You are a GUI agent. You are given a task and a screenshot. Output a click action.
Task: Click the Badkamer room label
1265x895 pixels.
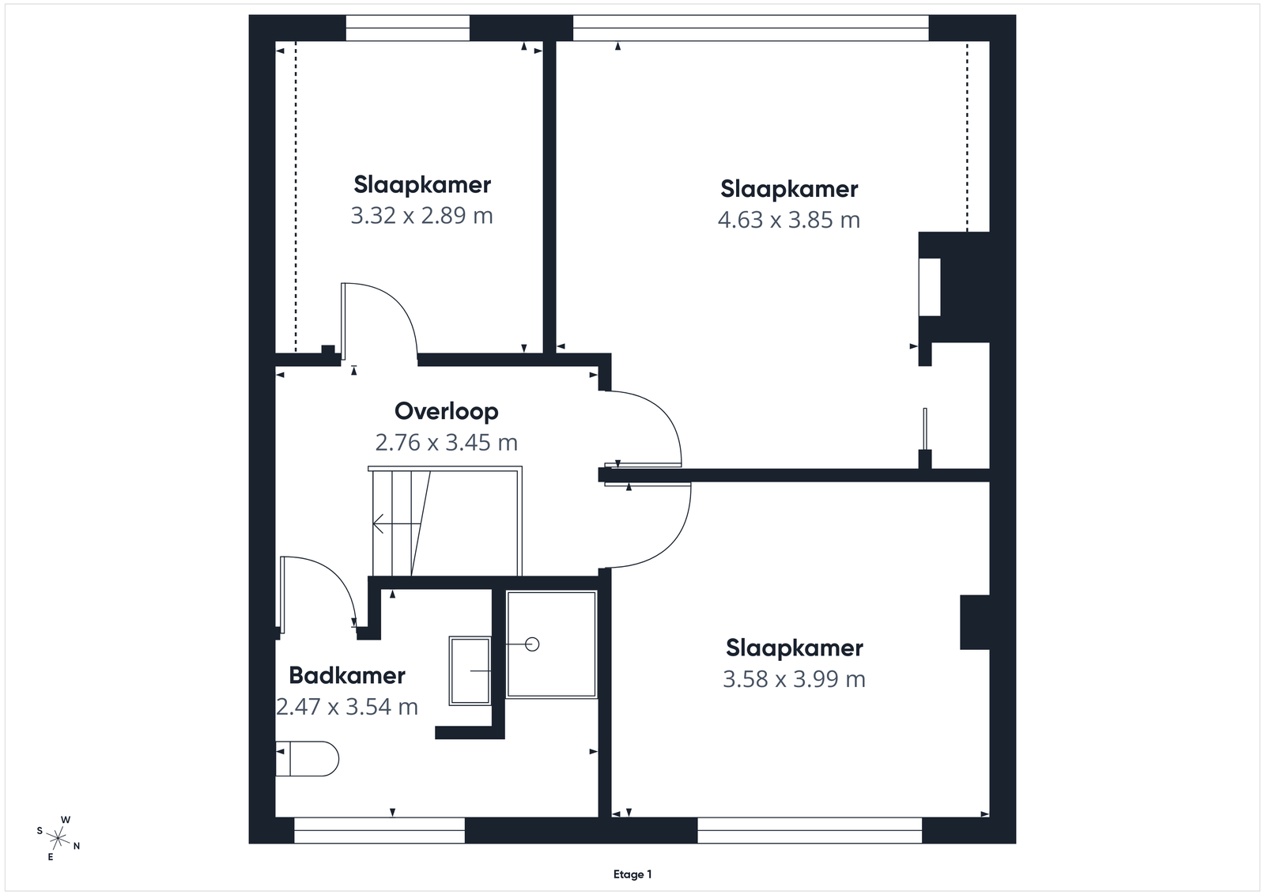(x=347, y=675)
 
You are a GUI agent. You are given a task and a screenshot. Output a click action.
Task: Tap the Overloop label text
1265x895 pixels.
(x=446, y=412)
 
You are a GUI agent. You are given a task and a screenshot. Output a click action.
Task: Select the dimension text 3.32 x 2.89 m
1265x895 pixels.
(x=422, y=216)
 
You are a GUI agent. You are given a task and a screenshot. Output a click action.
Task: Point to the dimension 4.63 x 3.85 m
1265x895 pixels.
(x=789, y=220)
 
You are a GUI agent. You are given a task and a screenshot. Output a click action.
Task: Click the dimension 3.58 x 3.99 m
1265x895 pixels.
(x=794, y=678)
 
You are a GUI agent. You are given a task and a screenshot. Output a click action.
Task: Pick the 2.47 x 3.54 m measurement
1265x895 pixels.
(x=347, y=706)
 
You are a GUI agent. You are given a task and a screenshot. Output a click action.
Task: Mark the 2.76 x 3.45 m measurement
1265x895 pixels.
(x=446, y=442)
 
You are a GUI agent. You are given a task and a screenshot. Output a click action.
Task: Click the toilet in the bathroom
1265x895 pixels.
(x=308, y=759)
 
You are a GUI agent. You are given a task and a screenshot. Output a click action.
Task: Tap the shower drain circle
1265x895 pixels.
(x=532, y=644)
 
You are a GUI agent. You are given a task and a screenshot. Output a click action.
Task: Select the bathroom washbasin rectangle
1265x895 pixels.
(x=470, y=670)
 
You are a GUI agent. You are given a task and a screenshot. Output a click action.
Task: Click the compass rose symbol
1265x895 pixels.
(x=59, y=839)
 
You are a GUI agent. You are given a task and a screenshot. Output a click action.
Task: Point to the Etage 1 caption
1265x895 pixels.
(x=632, y=874)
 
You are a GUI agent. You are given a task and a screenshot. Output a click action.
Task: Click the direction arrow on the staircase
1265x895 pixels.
(x=396, y=524)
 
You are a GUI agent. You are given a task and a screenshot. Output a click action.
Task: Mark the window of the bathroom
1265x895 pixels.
(x=379, y=830)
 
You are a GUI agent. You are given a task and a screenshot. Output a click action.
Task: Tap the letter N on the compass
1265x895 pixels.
(x=77, y=846)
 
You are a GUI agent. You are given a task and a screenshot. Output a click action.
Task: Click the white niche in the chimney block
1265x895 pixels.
(x=930, y=288)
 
